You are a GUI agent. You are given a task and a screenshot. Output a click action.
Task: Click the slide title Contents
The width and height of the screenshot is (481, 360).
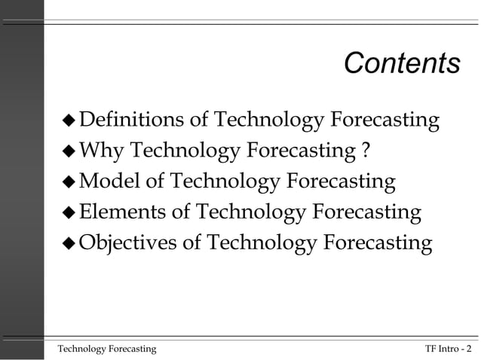tap(401, 64)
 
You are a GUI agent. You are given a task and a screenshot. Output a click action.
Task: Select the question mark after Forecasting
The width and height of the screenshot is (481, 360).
tap(365, 151)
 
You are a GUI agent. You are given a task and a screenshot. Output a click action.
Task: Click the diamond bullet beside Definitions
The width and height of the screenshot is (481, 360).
tap(69, 121)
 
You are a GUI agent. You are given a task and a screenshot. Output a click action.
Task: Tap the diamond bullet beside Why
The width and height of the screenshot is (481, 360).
tap(69, 151)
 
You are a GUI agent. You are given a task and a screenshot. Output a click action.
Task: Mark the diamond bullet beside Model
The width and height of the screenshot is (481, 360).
tap(69, 182)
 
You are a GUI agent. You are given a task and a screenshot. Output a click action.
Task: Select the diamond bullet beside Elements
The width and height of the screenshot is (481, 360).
tap(69, 213)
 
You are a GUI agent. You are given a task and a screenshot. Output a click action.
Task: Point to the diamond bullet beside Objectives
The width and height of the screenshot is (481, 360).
tap(69, 244)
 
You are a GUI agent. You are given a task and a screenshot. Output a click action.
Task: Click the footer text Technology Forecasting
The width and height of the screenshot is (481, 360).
tap(108, 348)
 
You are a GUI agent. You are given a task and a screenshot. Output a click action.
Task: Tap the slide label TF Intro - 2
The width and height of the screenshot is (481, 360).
tap(448, 348)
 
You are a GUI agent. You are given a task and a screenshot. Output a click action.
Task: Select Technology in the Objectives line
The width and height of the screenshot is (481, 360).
tap(261, 243)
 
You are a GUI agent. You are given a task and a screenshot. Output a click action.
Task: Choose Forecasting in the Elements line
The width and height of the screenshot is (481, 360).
tap(366, 212)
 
